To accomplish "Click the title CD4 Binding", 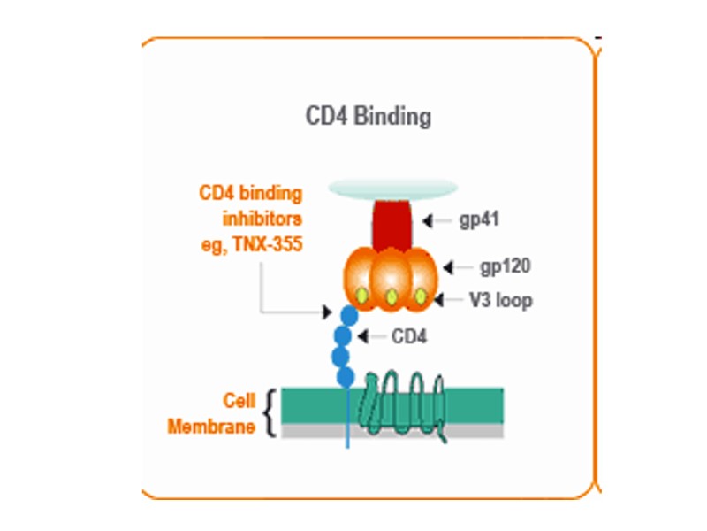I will click(369, 116).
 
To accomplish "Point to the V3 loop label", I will click(501, 300).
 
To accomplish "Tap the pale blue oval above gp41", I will click(392, 188).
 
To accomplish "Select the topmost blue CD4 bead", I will click(350, 314).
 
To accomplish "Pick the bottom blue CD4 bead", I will click(346, 377).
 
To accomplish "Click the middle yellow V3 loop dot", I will click(391, 297).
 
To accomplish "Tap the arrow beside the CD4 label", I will click(372, 336).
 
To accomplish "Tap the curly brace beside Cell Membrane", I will click(270, 412).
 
